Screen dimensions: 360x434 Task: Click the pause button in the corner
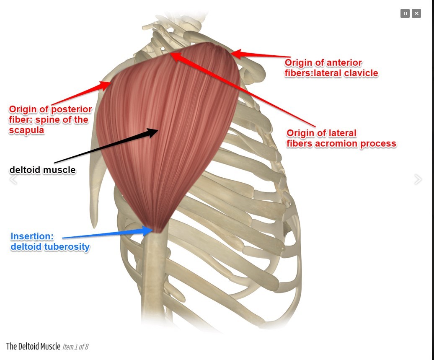pyautogui.click(x=405, y=13)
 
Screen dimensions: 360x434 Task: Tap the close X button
pyautogui.click(x=416, y=13)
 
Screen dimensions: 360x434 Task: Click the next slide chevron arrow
pyautogui.click(x=418, y=179)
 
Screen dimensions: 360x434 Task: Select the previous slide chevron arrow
pyautogui.click(x=13, y=179)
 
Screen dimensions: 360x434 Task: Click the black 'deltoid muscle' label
pyautogui.click(x=42, y=170)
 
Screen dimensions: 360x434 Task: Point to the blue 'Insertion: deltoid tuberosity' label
pyautogui.click(x=50, y=241)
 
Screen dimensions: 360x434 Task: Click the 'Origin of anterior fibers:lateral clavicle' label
pyautogui.click(x=331, y=68)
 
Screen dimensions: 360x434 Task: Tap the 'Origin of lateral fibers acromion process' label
pyautogui.click(x=341, y=138)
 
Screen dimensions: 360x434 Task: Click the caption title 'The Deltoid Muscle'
pyautogui.click(x=33, y=347)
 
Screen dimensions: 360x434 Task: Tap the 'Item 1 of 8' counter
pyautogui.click(x=75, y=347)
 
